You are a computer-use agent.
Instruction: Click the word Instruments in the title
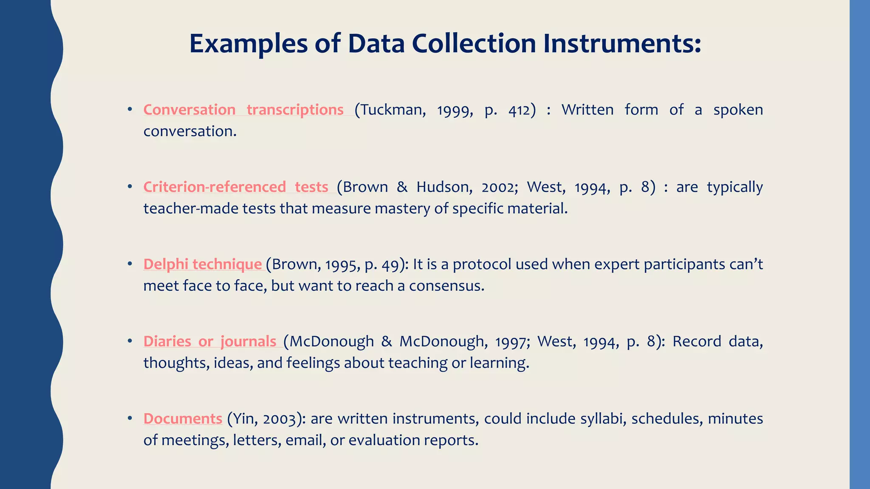622,44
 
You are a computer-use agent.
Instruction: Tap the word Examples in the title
248,44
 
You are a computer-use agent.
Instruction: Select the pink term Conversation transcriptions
243,110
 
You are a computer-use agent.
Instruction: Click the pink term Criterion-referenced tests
236,187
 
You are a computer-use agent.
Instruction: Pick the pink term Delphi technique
203,264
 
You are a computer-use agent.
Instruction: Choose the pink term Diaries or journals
210,342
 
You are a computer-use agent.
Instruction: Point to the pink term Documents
183,419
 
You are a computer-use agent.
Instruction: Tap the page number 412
519,110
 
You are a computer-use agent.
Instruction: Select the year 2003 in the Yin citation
280,419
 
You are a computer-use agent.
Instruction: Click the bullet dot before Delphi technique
130,264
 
